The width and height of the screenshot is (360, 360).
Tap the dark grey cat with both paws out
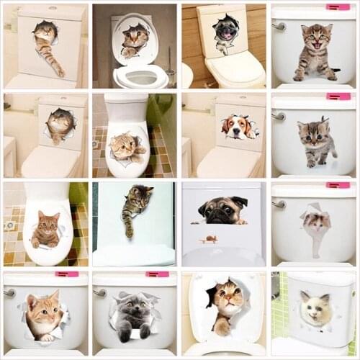pos(134,314)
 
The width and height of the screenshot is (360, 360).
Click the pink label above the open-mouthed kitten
pos(337,6)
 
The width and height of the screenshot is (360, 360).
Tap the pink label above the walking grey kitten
pos(337,96)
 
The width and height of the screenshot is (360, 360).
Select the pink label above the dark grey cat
pos(156,274)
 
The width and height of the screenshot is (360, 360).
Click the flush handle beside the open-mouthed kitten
pos(279,26)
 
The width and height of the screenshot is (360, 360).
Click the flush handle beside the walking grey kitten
pos(279,115)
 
